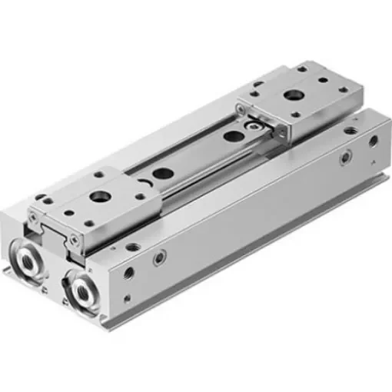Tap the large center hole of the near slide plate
pos(98,197)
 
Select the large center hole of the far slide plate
pos(292,95)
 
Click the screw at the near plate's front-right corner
pos(74,239)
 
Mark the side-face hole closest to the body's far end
pos(373,141)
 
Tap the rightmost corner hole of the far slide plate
pos(331,95)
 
